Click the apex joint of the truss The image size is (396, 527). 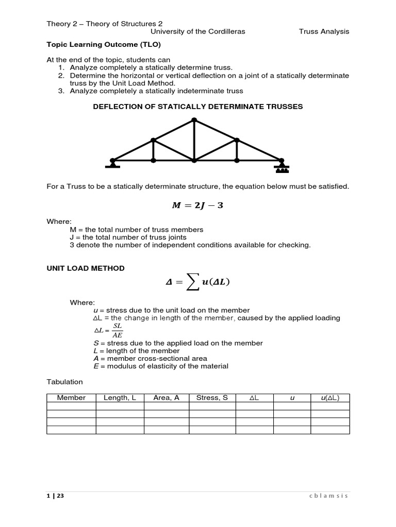tap(194, 120)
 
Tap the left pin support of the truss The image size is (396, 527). tap(112, 164)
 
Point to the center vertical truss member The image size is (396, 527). tap(194, 140)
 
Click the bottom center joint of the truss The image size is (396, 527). tap(194, 161)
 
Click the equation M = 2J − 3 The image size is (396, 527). tap(198, 206)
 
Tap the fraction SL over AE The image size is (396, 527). tap(117, 330)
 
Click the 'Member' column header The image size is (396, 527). tap(71, 398)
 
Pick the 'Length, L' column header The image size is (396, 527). tap(120, 398)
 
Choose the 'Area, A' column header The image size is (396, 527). tap(166, 398)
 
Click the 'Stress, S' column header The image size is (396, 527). tap(212, 398)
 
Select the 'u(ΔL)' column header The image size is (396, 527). tap(330, 398)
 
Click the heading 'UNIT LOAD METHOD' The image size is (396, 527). tap(86, 268)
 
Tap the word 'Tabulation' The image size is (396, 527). tap(64, 382)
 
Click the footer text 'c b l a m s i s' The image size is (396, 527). tap(328, 496)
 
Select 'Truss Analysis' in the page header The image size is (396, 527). tap(324, 31)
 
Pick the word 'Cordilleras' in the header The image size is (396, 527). tap(226, 31)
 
